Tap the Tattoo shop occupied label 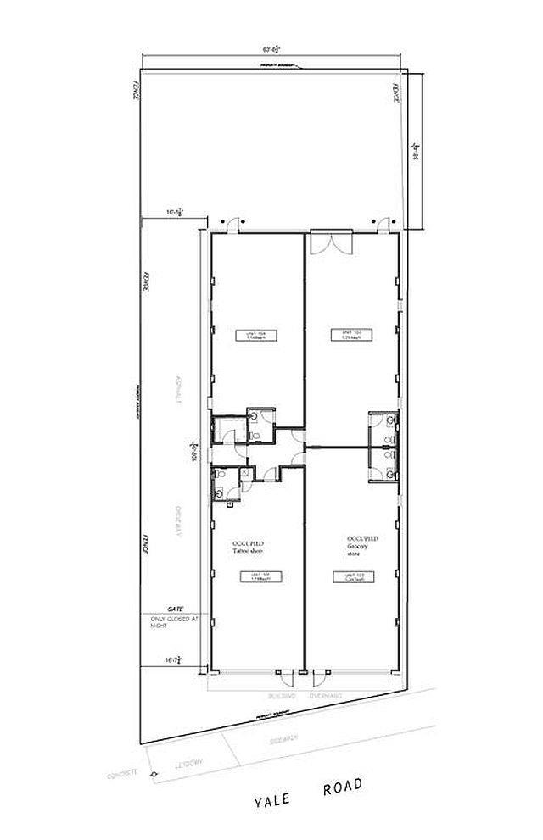click(x=246, y=546)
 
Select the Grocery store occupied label click(x=362, y=543)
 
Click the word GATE click(x=176, y=609)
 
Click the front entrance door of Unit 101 click(x=287, y=676)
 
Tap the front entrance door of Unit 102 click(x=321, y=676)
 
